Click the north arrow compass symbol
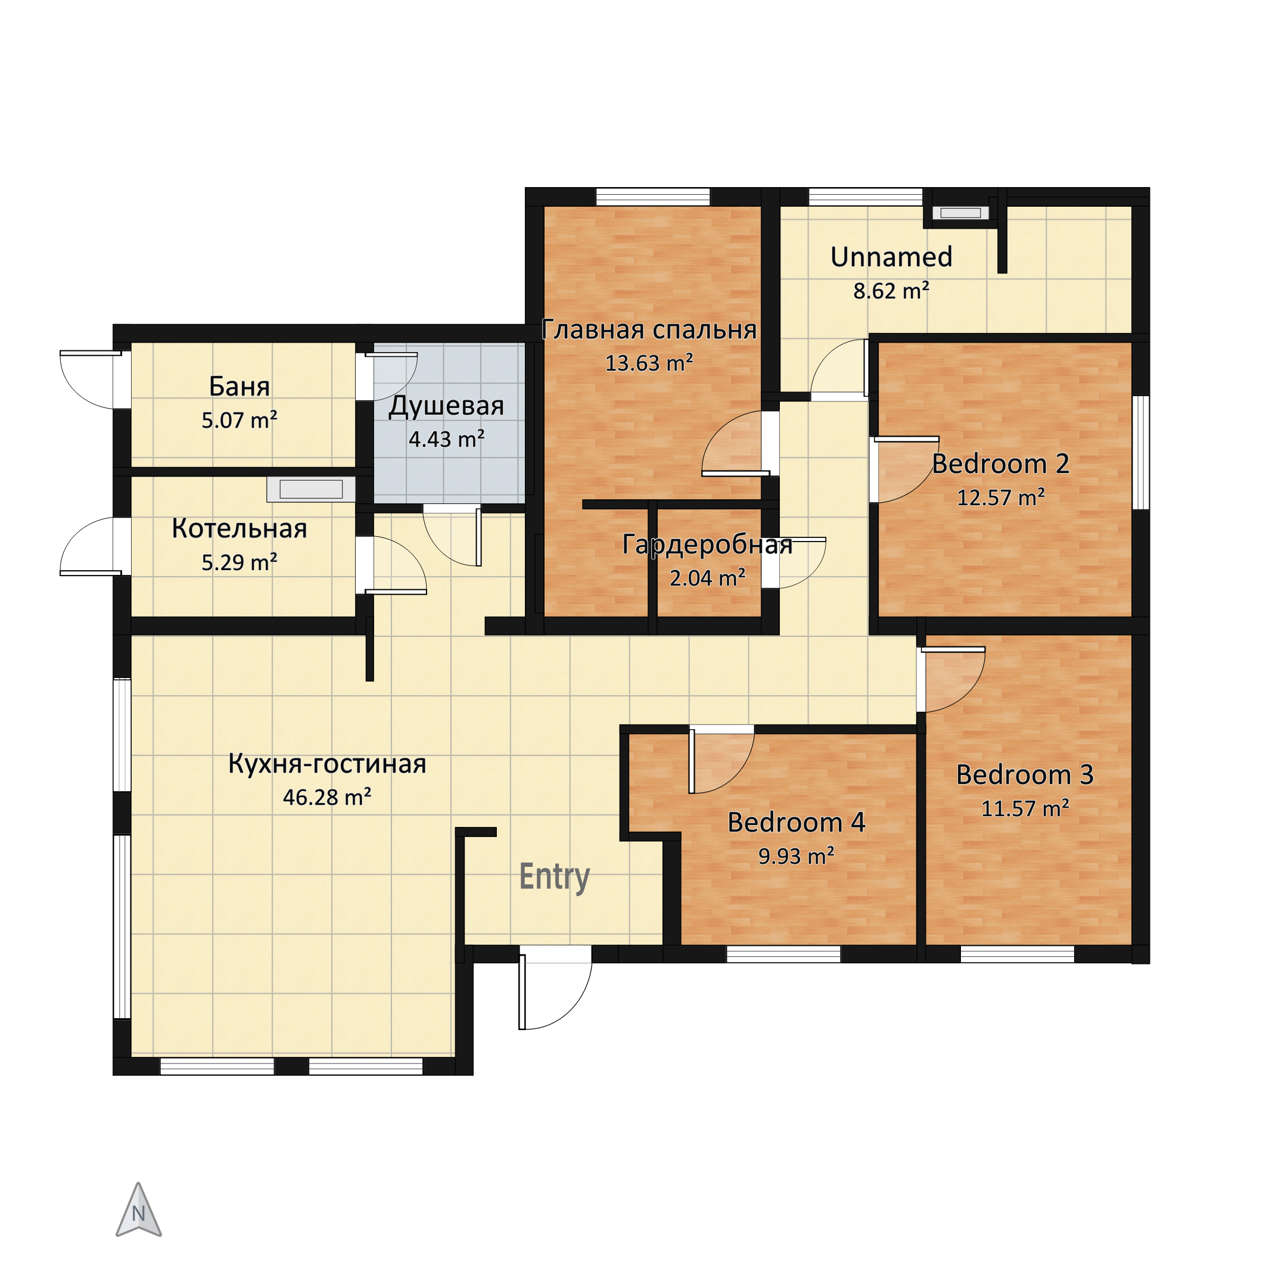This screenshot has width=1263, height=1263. pyautogui.click(x=139, y=1209)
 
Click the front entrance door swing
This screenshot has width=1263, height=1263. pyautogui.click(x=555, y=993)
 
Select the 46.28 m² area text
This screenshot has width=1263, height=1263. pyautogui.click(x=327, y=798)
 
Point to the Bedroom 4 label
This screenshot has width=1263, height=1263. pyautogui.click(x=797, y=822)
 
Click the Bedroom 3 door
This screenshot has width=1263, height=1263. pyautogui.click(x=951, y=679)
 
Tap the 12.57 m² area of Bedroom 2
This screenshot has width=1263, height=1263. pyautogui.click(x=1001, y=497)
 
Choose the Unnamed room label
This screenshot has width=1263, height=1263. pyautogui.click(x=891, y=257)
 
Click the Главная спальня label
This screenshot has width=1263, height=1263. pyautogui.click(x=649, y=329)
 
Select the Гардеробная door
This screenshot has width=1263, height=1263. pyautogui.click(x=794, y=562)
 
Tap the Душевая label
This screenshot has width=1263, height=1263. pyautogui.click(x=446, y=406)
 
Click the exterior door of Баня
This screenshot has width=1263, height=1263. pyautogui.click(x=92, y=379)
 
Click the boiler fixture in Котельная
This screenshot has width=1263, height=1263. pyautogui.click(x=310, y=490)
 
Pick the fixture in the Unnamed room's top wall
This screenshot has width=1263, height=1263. pyautogui.click(x=960, y=213)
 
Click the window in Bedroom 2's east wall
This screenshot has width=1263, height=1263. pyautogui.click(x=1141, y=452)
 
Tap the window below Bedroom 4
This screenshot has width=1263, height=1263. pyautogui.click(x=783, y=954)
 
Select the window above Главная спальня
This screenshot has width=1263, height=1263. pyautogui.click(x=653, y=197)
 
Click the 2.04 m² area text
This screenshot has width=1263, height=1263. pyautogui.click(x=707, y=578)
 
